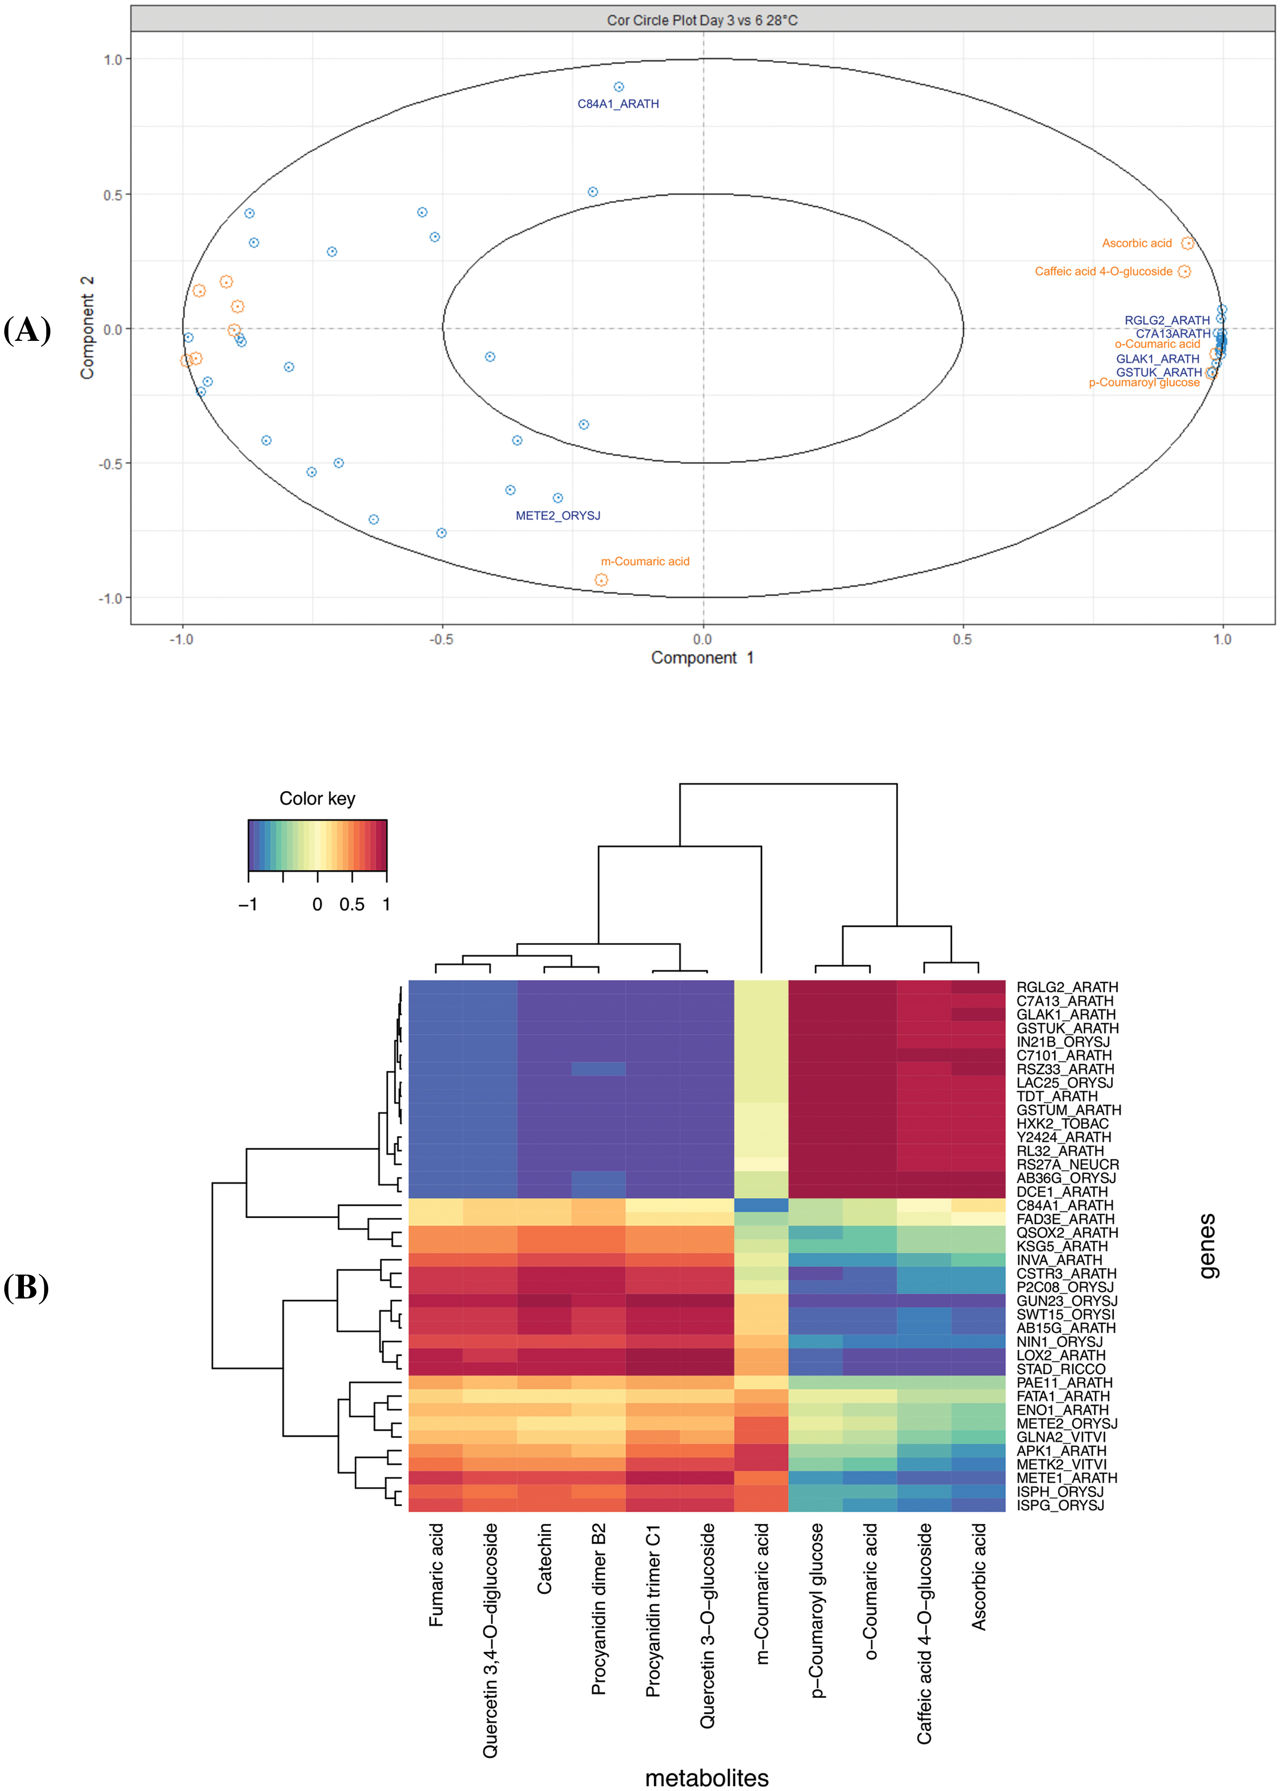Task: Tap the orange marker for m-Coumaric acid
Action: [601, 580]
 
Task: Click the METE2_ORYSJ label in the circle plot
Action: [558, 515]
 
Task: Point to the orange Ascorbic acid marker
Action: [1187, 243]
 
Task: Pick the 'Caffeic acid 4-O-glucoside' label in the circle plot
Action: [1103, 271]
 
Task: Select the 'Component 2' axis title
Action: [87, 328]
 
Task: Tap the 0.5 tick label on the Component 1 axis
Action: [962, 639]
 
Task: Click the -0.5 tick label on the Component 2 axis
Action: [111, 464]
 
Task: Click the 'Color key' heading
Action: [317, 798]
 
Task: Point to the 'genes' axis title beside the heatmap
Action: [1207, 1246]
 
